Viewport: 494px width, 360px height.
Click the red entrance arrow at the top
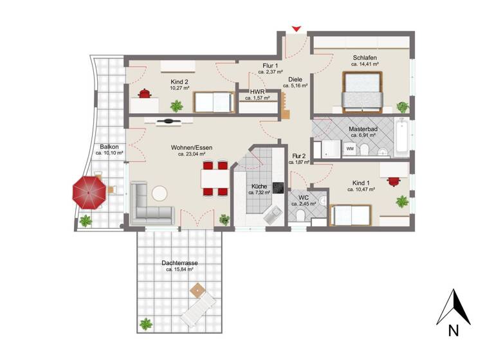296,29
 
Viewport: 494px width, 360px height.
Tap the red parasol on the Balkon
89,192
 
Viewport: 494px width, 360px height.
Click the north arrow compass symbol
453,309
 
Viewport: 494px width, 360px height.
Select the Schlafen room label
365,57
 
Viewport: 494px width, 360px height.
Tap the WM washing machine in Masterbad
350,148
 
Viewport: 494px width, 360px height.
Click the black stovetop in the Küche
279,188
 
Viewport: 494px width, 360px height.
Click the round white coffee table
160,193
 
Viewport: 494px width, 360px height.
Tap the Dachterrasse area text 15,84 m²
180,269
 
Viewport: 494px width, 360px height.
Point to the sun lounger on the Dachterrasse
198,307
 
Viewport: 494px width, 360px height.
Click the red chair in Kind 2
146,94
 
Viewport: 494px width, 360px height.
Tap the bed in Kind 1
351,215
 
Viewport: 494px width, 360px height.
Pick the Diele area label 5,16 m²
295,85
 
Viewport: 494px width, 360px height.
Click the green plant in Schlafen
402,107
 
